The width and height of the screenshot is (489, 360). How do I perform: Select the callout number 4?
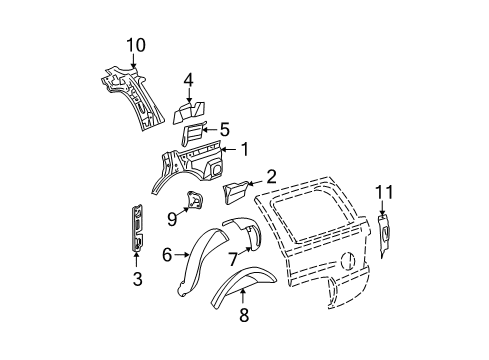[x=188, y=81]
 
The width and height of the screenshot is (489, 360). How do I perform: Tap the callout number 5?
[x=224, y=128]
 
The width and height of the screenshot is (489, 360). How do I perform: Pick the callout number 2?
[x=271, y=178]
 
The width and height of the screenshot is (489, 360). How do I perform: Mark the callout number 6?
[x=168, y=255]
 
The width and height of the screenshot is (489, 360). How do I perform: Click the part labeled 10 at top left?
[x=129, y=95]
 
